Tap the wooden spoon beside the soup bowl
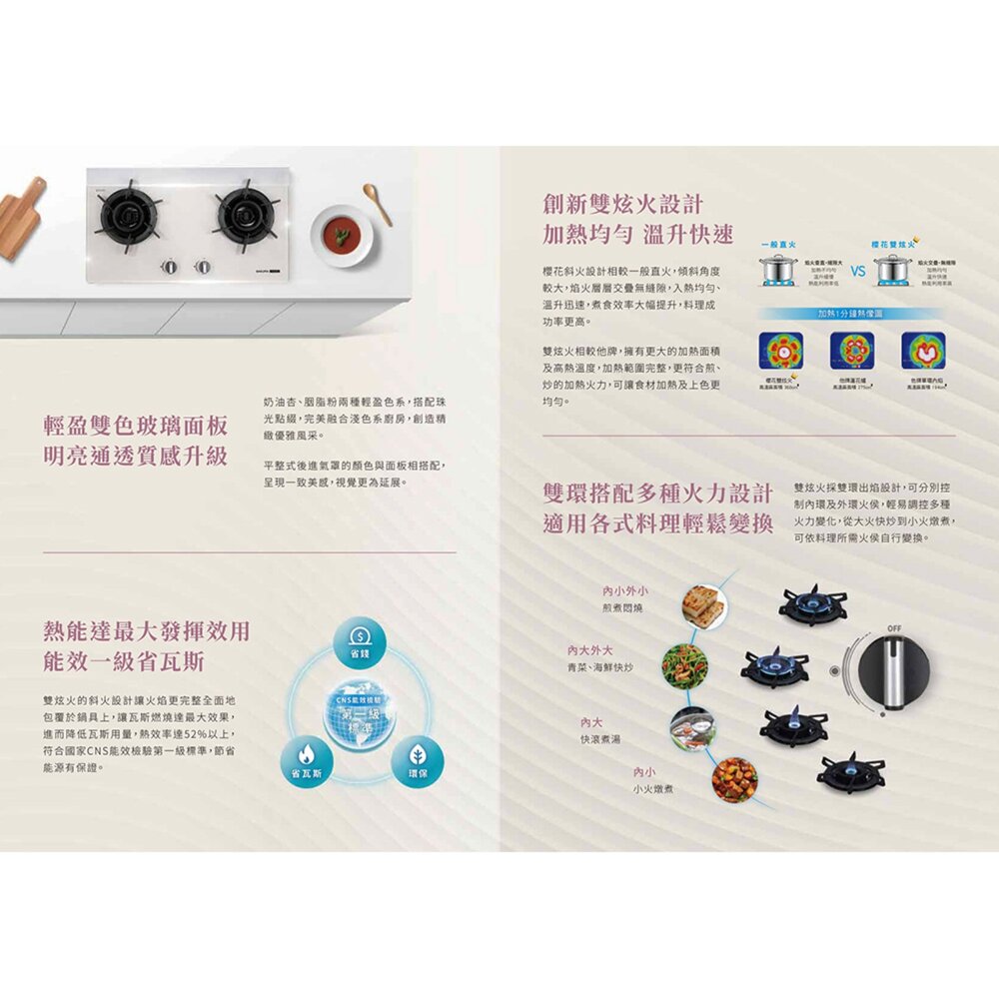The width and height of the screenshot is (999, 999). click(378, 204)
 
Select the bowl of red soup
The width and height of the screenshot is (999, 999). click(342, 236)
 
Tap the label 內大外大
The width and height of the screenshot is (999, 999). click(590, 650)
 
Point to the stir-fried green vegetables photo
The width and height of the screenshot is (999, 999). click(686, 664)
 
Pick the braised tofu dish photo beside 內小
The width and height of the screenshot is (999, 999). click(734, 779)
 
